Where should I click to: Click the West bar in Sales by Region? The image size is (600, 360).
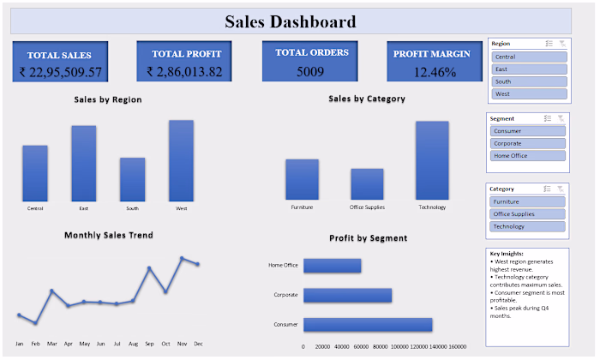(181, 161)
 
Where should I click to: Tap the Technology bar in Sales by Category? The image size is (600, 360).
(432, 161)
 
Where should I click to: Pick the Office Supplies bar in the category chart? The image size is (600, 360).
(367, 184)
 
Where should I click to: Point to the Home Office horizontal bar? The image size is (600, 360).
(332, 266)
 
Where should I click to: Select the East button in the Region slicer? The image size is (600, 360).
(529, 69)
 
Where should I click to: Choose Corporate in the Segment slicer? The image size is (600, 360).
(527, 144)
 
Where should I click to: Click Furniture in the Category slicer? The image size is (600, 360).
(527, 201)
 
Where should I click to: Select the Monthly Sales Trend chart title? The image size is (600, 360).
(108, 235)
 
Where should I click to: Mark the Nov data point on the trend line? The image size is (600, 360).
(182, 258)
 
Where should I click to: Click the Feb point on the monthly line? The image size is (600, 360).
(35, 323)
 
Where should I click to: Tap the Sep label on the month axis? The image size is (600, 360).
(149, 344)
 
